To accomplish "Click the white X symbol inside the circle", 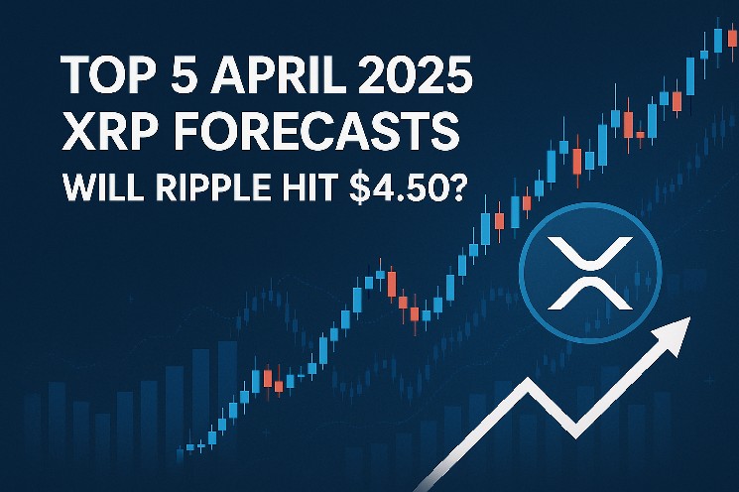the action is (590, 274).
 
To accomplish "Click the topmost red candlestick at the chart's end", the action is (732, 37).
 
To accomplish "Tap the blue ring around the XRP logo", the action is (521, 274).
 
